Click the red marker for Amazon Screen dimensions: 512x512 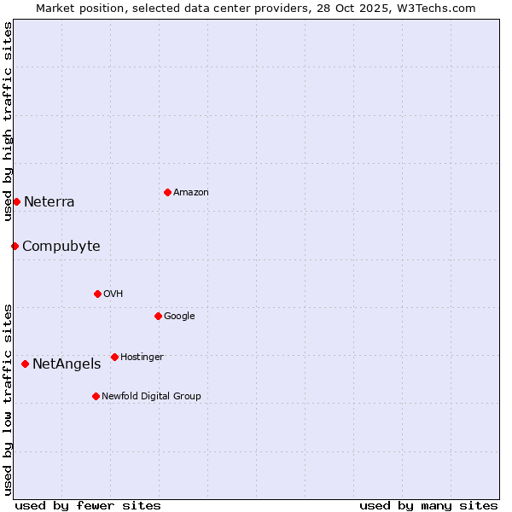coord(167,192)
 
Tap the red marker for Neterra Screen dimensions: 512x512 coord(16,201)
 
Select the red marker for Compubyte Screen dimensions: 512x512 coord(15,246)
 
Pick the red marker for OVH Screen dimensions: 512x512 coord(97,294)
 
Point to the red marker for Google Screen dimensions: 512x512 coord(158,316)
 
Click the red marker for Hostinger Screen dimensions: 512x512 coord(114,357)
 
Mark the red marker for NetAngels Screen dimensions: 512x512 coord(25,364)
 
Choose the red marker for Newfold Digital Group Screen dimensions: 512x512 coord(96,396)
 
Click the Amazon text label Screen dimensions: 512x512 coord(191,193)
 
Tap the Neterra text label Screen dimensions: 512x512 coord(49,202)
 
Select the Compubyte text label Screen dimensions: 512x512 coord(61,247)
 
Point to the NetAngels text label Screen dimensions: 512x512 coord(67,364)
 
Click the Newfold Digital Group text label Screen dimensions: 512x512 coord(152,396)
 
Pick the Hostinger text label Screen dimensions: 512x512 coord(142,357)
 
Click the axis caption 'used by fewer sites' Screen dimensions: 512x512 coord(88,505)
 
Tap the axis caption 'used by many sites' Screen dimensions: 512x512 coord(428,505)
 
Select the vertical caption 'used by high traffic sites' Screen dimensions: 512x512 coord(8,121)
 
